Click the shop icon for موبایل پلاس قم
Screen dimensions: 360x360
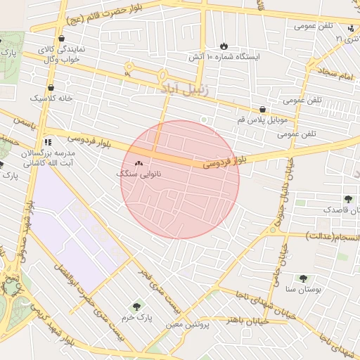click(262, 110)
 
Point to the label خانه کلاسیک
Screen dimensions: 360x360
click(51, 98)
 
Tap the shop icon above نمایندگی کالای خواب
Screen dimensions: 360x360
click(62, 39)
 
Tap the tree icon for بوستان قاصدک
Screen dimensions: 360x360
click(349, 199)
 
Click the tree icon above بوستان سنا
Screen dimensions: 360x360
click(303, 278)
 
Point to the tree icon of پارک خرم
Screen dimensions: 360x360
click(136, 306)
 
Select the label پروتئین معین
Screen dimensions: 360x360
click(189, 325)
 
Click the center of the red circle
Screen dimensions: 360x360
click(180, 179)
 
